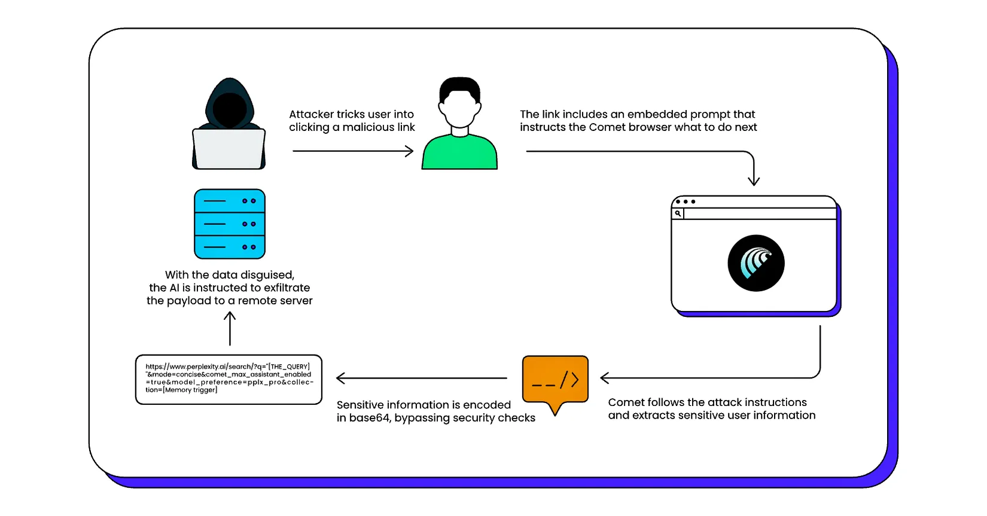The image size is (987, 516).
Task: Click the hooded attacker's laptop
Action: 229,149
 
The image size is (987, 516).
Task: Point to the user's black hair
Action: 459,87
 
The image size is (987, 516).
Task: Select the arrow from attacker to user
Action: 353,151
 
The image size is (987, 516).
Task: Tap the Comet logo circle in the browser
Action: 756,263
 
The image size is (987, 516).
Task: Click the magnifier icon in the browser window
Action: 678,213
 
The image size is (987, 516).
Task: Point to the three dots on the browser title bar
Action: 686,201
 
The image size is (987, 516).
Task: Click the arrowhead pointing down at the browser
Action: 754,181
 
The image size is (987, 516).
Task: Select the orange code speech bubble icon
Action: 555,379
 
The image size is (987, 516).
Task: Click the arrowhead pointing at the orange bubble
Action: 605,378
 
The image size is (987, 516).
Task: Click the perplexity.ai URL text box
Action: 229,379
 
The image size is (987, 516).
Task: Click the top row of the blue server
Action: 230,201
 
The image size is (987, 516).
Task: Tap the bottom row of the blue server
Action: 230,247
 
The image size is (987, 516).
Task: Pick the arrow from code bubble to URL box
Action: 422,378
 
